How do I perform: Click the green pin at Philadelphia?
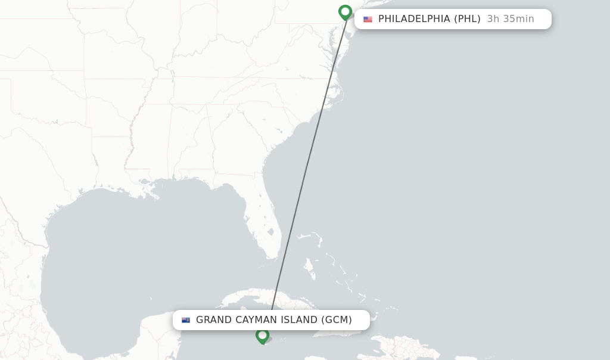click(x=345, y=12)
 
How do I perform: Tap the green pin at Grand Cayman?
click(x=262, y=336)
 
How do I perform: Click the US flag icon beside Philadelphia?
click(x=368, y=19)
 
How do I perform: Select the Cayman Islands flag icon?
click(x=186, y=320)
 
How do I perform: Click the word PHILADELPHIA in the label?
click(x=414, y=19)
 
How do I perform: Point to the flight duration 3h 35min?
click(x=511, y=19)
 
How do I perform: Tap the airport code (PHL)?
click(x=467, y=19)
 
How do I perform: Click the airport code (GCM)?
click(x=337, y=320)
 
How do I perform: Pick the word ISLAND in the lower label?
click(x=298, y=320)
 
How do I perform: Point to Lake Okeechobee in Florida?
click(x=271, y=232)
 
